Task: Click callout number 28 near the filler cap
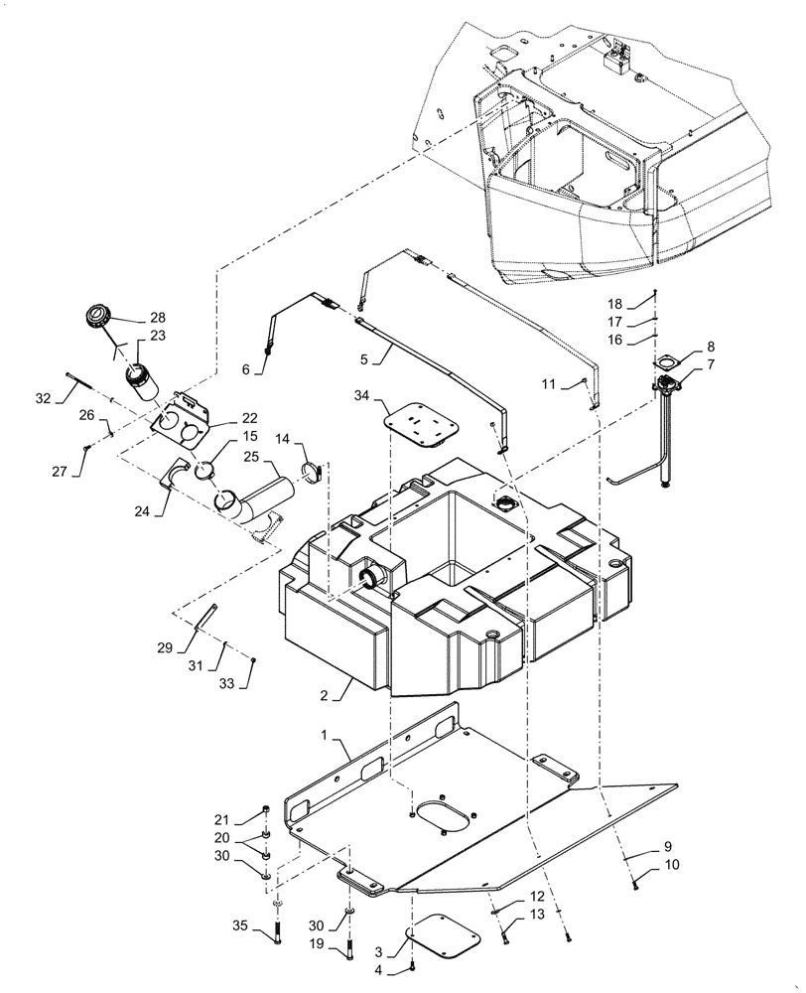[x=158, y=317]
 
